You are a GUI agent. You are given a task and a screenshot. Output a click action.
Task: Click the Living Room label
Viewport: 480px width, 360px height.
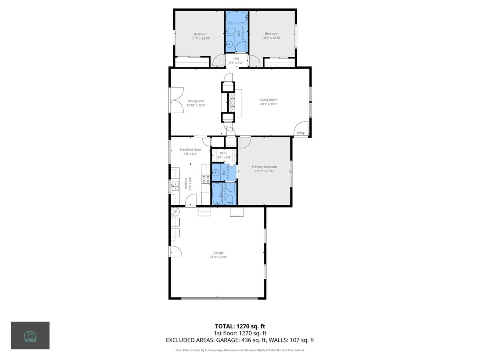(x=268, y=100)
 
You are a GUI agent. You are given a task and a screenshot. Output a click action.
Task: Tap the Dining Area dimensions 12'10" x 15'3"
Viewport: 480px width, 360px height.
(x=196, y=106)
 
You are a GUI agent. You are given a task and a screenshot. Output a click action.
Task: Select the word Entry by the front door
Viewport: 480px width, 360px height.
(x=301, y=133)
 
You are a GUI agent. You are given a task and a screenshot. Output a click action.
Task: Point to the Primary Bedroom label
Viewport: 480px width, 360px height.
(x=264, y=167)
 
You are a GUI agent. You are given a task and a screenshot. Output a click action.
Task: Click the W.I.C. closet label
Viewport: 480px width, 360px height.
(x=224, y=153)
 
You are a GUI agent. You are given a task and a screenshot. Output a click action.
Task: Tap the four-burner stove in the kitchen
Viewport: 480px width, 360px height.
(x=206, y=179)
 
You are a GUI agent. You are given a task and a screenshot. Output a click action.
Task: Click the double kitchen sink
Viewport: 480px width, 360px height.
(x=175, y=185)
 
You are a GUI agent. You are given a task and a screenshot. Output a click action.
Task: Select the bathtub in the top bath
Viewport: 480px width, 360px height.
(x=236, y=18)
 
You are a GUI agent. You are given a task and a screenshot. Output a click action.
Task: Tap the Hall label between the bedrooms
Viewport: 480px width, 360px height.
(x=236, y=59)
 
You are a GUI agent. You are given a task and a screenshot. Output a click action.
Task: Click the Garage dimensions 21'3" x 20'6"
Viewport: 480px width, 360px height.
(x=218, y=257)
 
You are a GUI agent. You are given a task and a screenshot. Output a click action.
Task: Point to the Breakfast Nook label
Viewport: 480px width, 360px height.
(x=190, y=150)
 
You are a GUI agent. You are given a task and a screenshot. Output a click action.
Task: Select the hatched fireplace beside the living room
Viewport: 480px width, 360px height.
(x=232, y=103)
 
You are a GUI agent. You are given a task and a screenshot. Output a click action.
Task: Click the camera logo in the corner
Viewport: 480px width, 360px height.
(x=30, y=335)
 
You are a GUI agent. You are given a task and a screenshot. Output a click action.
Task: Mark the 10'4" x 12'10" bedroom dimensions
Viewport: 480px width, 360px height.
(x=272, y=38)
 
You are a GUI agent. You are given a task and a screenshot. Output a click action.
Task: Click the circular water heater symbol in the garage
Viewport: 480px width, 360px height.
(x=176, y=211)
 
